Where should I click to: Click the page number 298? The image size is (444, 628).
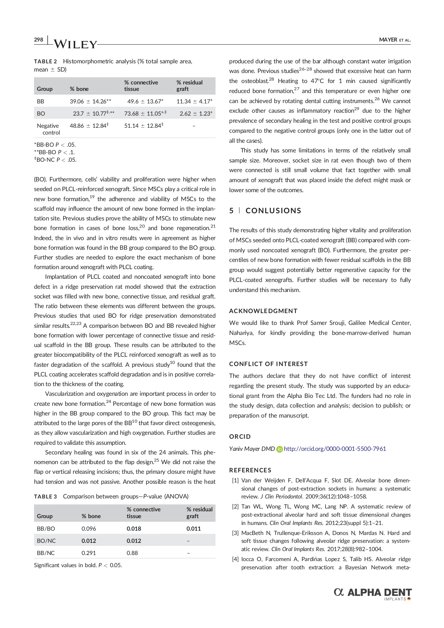(38, 40)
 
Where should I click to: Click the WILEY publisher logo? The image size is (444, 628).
(74, 44)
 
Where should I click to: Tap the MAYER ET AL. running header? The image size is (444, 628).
(394, 40)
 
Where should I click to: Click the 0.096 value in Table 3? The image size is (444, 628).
(88, 529)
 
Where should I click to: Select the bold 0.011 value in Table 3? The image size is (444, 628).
(193, 529)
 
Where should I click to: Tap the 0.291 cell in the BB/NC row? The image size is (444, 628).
(88, 553)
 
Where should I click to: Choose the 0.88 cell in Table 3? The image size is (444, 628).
(132, 553)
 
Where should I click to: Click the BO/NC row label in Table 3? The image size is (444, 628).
(46, 541)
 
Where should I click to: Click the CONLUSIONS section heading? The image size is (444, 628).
(273, 211)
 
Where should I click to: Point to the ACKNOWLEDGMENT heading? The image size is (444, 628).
(263, 311)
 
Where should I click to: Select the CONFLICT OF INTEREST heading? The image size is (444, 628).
(268, 364)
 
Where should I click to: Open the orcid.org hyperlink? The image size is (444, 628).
(335, 449)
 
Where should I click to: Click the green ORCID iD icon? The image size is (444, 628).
(279, 449)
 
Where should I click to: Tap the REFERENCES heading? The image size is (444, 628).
(250, 470)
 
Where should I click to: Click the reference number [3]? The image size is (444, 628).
(235, 533)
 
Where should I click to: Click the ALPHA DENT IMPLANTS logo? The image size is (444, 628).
(373, 593)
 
